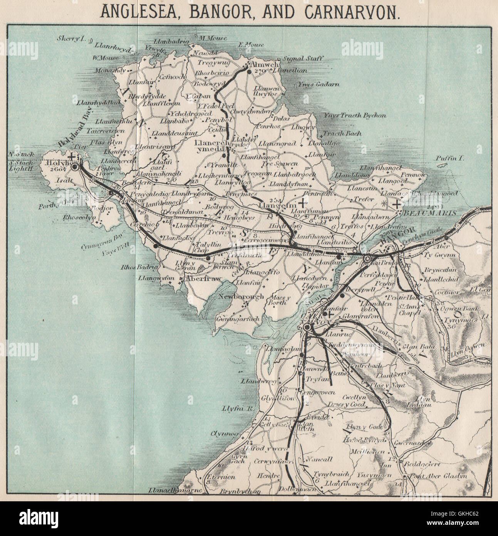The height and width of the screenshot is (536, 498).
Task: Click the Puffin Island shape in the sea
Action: point(446,165)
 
